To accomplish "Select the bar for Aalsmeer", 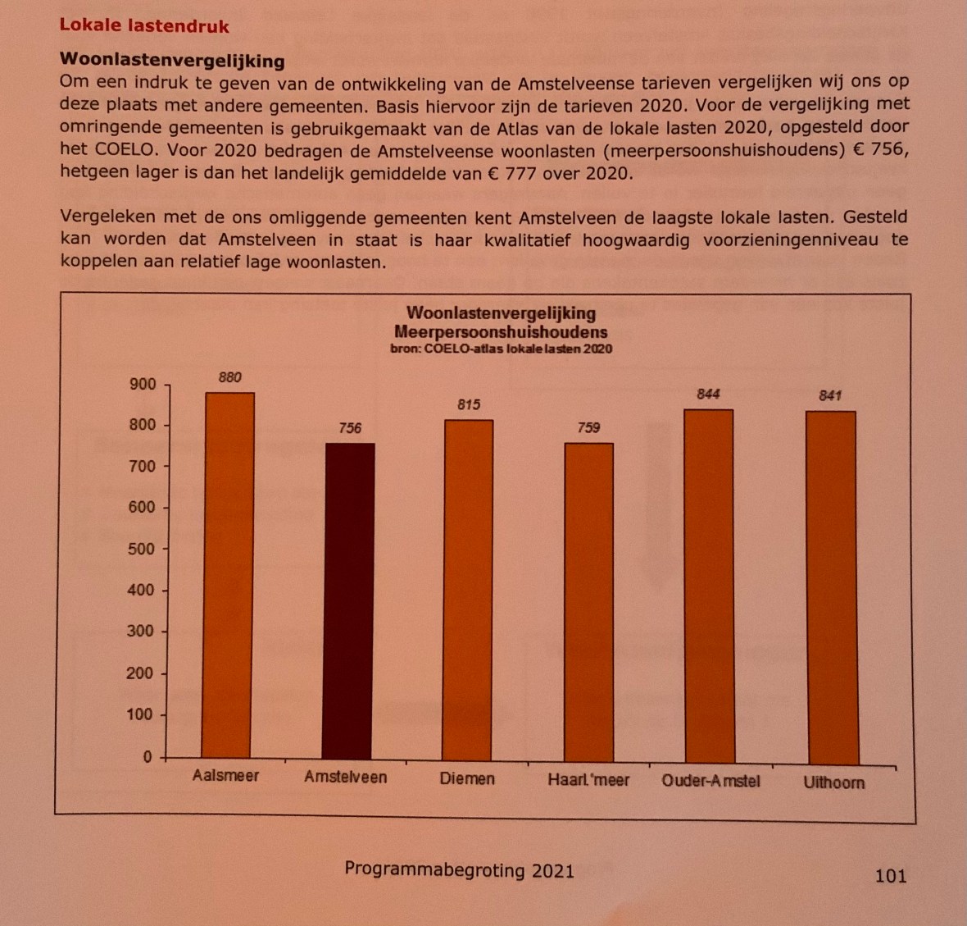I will pos(229,574).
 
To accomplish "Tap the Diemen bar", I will pos(468,591).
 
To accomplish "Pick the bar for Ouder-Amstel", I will pos(709,586).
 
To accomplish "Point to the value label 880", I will pos(230,377).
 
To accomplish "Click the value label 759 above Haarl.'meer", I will pos(588,427).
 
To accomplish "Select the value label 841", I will pos(830,395).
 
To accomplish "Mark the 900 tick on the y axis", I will pos(142,385).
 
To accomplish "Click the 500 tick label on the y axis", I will pos(141,549).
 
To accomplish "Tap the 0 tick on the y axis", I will pos(148,757).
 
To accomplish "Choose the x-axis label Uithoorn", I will pos(833,782).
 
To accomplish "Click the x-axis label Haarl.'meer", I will pos(588,780).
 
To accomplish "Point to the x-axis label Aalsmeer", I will pos(226,775).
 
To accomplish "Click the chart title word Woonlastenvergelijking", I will pos(501,312).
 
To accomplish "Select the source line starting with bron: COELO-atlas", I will pos(501,349).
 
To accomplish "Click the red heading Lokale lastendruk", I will pos(144,25).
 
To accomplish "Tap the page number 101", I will pos(891,876).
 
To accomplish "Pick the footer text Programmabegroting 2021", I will pos(459,870).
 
